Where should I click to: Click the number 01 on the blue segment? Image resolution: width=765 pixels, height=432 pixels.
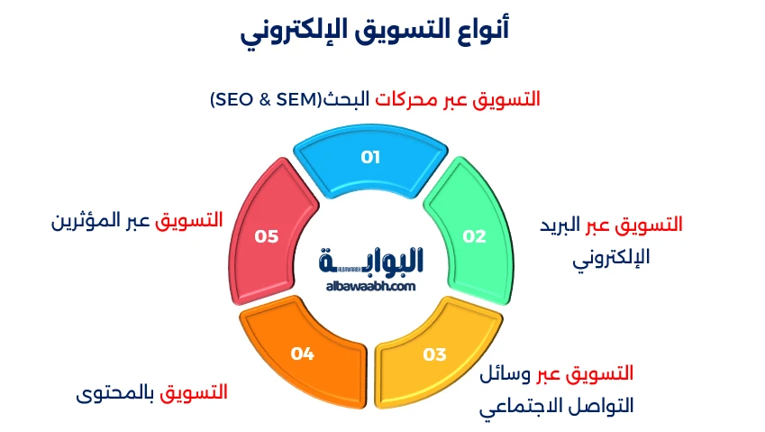[370, 157]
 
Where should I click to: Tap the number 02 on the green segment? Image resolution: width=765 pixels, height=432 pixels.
[474, 236]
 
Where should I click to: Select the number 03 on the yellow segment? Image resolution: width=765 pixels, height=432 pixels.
[434, 354]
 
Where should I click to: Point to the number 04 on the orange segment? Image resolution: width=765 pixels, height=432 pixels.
[302, 354]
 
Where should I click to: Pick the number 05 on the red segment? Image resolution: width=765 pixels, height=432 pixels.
[266, 236]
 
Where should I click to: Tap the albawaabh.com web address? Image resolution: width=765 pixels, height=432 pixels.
[370, 286]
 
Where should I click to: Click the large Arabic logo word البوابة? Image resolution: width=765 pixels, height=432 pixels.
[371, 260]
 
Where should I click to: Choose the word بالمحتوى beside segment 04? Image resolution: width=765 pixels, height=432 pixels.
[116, 392]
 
